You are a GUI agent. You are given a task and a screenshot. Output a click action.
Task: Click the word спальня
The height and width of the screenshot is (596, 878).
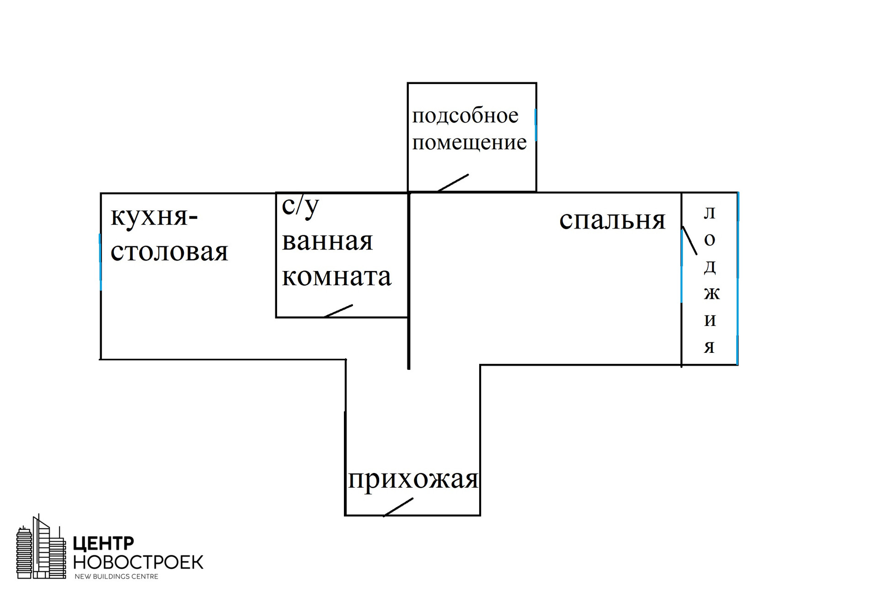pyautogui.click(x=612, y=221)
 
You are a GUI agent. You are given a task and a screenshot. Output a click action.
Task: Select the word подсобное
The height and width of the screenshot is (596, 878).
pyautogui.click(x=465, y=116)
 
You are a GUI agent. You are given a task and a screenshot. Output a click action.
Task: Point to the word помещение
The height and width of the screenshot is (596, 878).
pyautogui.click(x=469, y=143)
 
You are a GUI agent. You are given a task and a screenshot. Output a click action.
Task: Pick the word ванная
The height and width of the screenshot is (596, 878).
pyautogui.click(x=327, y=241)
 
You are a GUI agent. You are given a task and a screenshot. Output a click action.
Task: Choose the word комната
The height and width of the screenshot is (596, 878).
pyautogui.click(x=337, y=277)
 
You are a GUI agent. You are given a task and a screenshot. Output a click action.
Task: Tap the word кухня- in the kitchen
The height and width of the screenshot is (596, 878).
pyautogui.click(x=154, y=217)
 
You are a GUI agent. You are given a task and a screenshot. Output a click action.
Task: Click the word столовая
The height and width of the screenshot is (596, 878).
pyautogui.click(x=169, y=252)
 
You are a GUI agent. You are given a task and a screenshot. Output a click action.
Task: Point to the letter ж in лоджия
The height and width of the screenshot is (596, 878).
pyautogui.click(x=711, y=293)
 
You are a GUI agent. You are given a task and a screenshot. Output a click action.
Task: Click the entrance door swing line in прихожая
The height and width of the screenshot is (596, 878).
pyautogui.click(x=398, y=507)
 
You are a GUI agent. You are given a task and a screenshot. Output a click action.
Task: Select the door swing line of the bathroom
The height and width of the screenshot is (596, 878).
pyautogui.click(x=338, y=311)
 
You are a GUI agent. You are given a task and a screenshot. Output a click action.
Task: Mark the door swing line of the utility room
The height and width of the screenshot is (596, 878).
pyautogui.click(x=453, y=182)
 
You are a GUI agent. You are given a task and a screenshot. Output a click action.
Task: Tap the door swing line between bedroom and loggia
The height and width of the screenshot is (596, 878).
pyautogui.click(x=690, y=240)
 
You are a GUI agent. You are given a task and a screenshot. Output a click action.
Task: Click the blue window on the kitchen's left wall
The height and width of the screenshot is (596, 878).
pyautogui.click(x=100, y=262)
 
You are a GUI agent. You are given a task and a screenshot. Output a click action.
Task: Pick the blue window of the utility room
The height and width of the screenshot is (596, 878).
pyautogui.click(x=535, y=125)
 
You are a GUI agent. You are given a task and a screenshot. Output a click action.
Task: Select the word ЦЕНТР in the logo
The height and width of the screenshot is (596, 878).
pyautogui.click(x=103, y=543)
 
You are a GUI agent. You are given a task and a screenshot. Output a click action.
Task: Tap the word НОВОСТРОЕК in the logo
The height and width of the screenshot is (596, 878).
pyautogui.click(x=138, y=562)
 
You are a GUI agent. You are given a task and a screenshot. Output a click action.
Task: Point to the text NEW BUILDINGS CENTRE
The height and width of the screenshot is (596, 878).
pyautogui.click(x=116, y=577)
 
